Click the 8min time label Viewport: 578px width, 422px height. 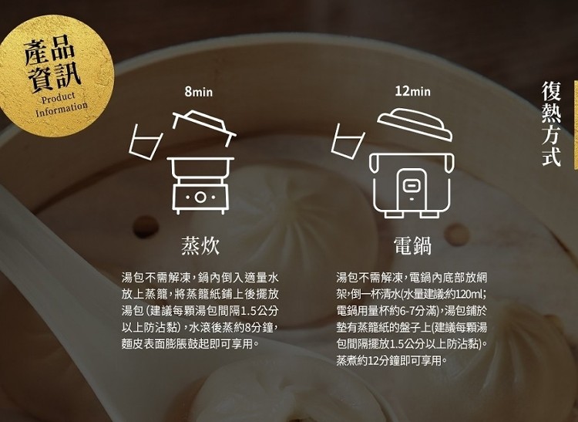pos(199,92)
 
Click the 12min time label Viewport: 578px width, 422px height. pos(412,91)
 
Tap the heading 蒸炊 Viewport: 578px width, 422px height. pos(200,245)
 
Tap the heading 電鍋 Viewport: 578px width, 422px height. pos(412,245)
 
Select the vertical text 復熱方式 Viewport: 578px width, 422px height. pos(552,124)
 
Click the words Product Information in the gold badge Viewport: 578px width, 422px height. pos(61,104)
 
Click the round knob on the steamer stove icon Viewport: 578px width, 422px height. pos(200,197)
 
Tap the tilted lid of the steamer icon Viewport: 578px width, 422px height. pos(204,127)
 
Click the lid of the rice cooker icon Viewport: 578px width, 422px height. pos(415,124)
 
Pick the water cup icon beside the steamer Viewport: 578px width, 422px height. pos(145,142)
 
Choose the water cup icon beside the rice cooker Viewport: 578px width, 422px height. pos(348,141)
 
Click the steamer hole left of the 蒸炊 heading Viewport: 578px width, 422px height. pos(146,227)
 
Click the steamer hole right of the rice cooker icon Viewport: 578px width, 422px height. pos(456,235)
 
